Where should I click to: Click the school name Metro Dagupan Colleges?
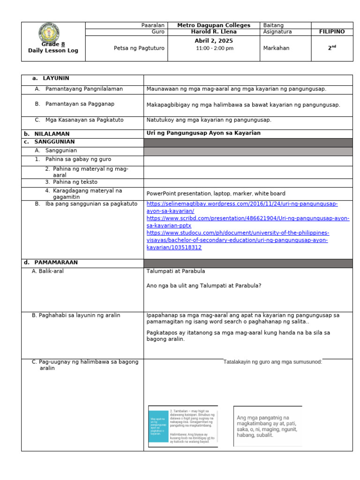tap(213, 25)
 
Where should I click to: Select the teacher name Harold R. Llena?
tap(213, 32)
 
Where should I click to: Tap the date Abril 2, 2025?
tap(213, 41)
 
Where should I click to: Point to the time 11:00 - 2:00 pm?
tap(213, 48)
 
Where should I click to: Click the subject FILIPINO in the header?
tap(331, 32)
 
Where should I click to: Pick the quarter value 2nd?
tap(332, 48)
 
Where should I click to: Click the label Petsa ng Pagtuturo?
tap(139, 48)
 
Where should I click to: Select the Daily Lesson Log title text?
tap(53, 51)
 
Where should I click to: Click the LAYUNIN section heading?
tap(56, 78)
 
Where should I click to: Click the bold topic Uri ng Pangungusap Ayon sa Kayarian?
tap(203, 133)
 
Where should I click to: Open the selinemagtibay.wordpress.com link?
tap(242, 208)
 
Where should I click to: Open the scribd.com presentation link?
tap(247, 222)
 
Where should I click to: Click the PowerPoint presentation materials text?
tap(216, 194)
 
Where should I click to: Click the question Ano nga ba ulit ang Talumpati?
tap(204, 285)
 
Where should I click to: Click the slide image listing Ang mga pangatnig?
tap(267, 426)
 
